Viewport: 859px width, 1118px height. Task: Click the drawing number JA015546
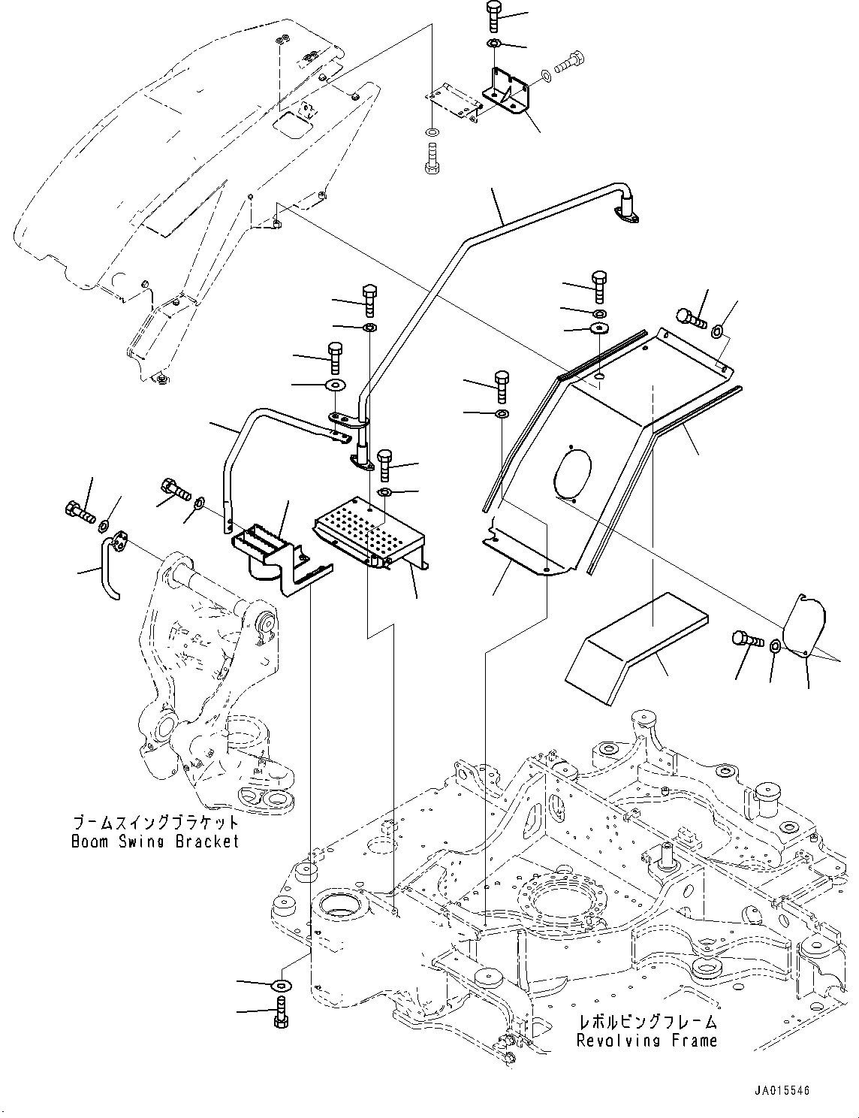click(782, 1090)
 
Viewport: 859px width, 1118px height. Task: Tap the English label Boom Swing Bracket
click(155, 842)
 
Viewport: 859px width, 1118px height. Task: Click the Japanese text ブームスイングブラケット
click(155, 822)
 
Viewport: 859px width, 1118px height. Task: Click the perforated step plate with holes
click(369, 533)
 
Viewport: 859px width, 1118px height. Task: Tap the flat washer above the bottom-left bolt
click(281, 985)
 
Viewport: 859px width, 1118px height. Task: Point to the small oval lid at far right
click(803, 626)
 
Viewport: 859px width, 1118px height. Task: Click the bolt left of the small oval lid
click(748, 639)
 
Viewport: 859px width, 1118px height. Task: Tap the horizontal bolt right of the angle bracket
click(570, 62)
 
